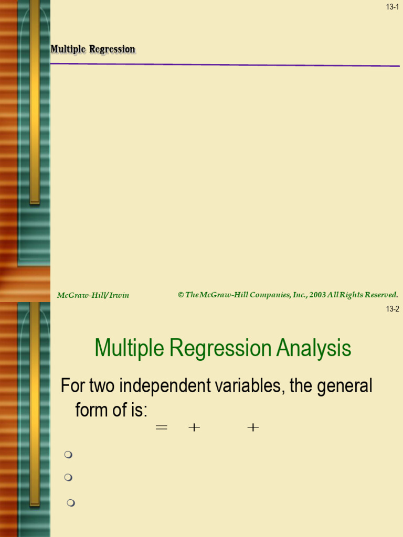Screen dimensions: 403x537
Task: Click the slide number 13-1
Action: pyautogui.click(x=393, y=7)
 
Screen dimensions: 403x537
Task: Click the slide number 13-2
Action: pyautogui.click(x=393, y=309)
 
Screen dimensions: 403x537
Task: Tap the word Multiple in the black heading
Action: pyautogui.click(x=68, y=49)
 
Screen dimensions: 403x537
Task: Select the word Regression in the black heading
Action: pyautogui.click(x=112, y=49)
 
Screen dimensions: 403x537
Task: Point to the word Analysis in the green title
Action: pyautogui.click(x=314, y=348)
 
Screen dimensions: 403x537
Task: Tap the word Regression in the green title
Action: pyautogui.click(x=220, y=348)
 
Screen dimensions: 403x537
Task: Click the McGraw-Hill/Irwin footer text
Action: pyautogui.click(x=93, y=295)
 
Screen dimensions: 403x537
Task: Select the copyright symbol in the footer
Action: pyautogui.click(x=181, y=295)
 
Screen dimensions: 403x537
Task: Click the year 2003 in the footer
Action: pyautogui.click(x=317, y=295)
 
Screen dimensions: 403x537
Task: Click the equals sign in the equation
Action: pyautogui.click(x=162, y=427)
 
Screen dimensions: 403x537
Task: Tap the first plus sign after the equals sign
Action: pyautogui.click(x=194, y=427)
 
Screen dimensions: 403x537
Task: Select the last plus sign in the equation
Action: pyautogui.click(x=253, y=427)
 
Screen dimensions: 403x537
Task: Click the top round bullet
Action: pyautogui.click(x=68, y=455)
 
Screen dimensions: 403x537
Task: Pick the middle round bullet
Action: pyautogui.click(x=68, y=477)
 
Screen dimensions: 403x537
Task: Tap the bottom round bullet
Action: pyautogui.click(x=71, y=503)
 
